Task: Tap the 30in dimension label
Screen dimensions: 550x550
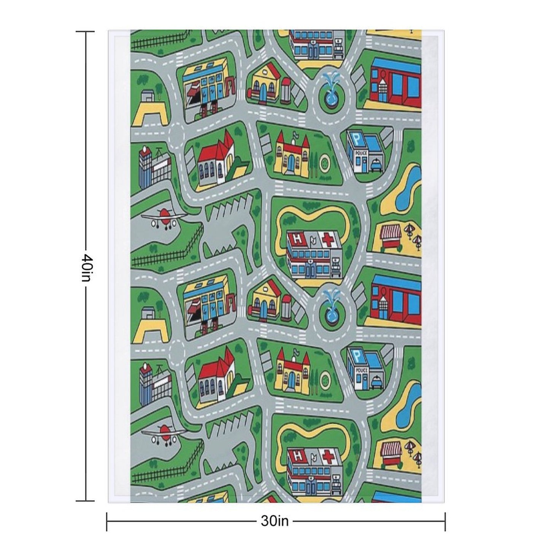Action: point(275,521)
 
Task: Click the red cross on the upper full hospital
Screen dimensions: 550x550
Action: point(328,239)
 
